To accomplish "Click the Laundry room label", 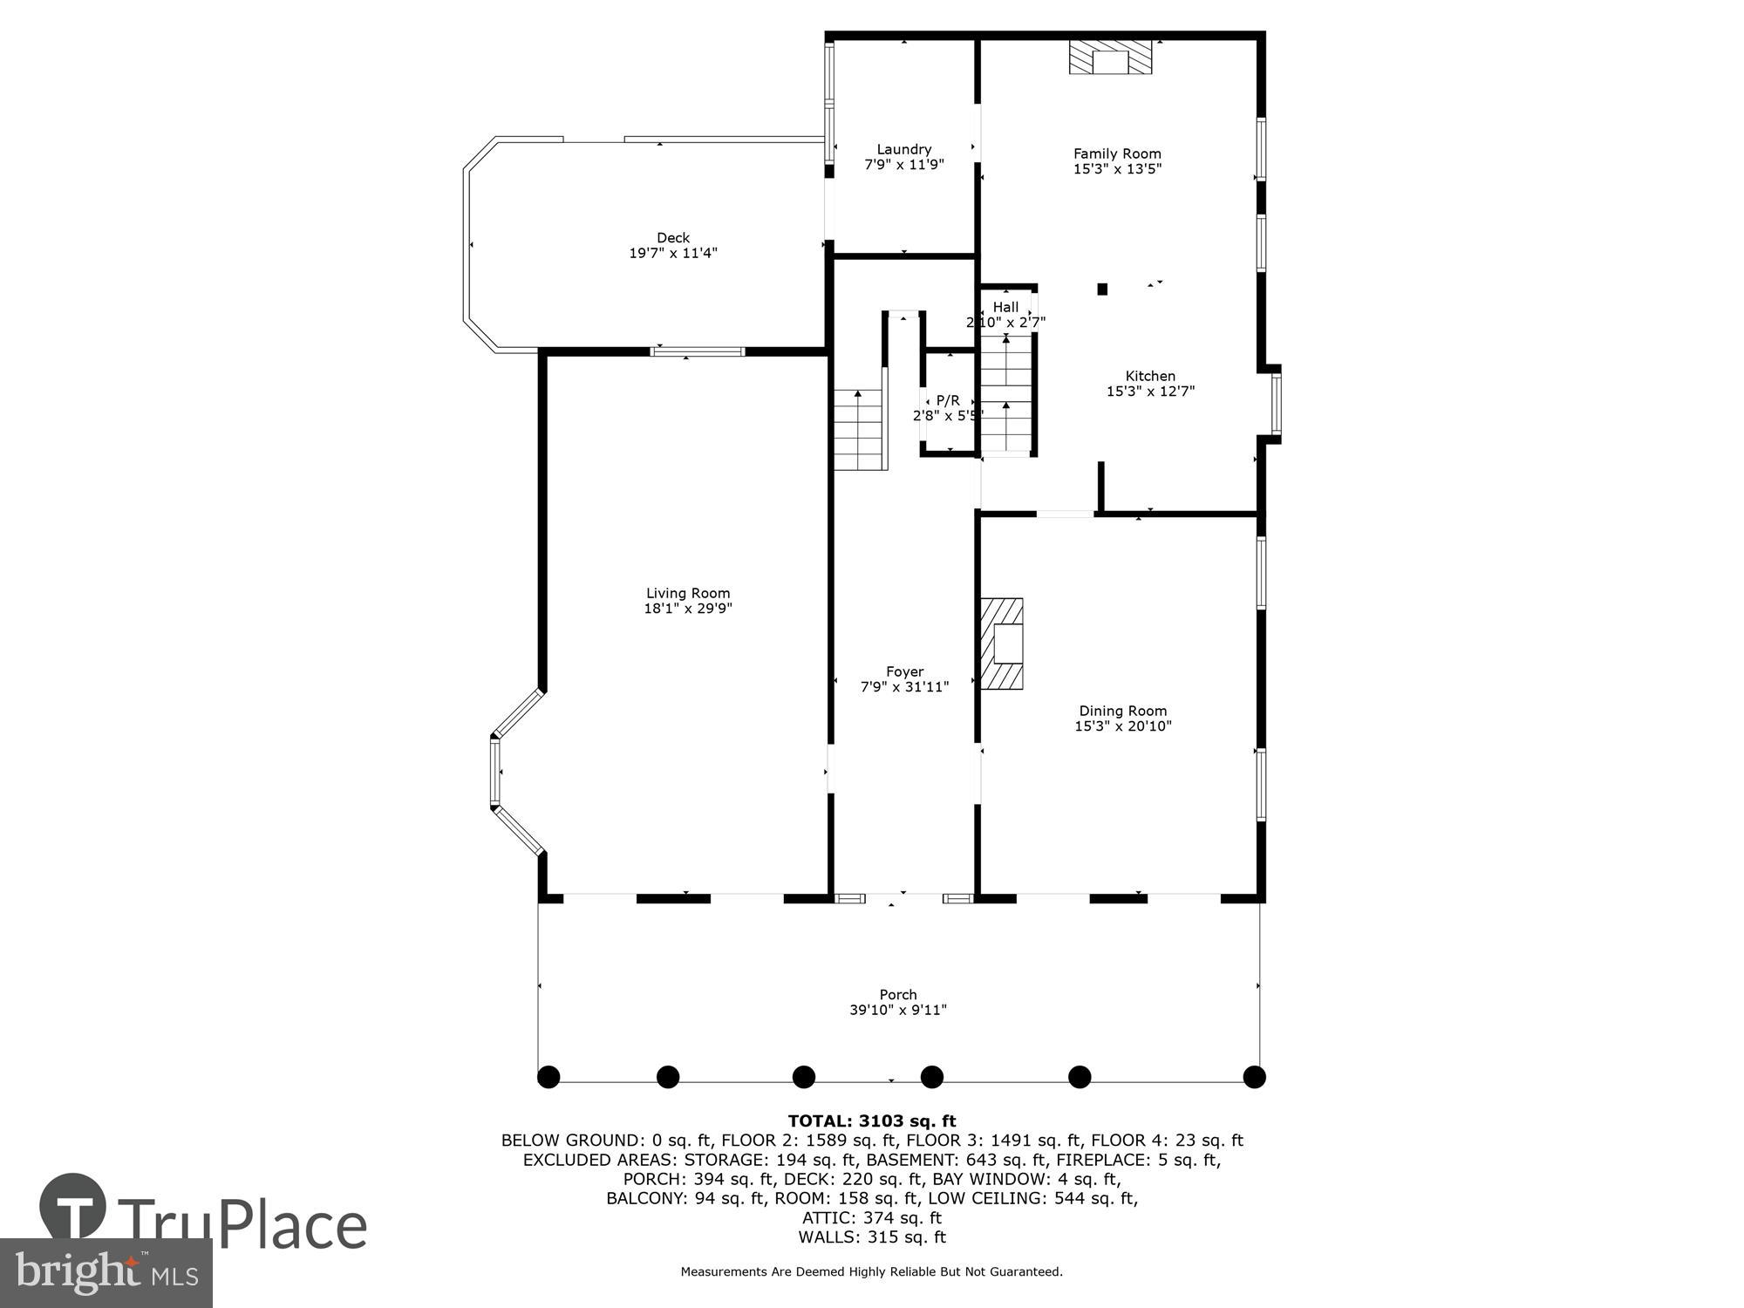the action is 904,149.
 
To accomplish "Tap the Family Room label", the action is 1117,153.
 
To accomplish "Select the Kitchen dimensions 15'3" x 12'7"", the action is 1150,392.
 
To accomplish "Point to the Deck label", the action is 673,237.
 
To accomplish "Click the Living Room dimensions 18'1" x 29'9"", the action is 688,609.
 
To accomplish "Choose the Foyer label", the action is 904,671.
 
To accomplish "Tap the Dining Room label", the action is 1123,711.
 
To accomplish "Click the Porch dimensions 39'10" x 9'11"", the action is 898,1010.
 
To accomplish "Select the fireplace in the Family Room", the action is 1110,57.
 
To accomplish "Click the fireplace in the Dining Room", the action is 1002,644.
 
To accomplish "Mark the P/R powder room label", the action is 948,400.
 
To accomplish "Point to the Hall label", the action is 1005,307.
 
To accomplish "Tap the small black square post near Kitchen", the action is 1102,289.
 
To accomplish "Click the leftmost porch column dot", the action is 548,1077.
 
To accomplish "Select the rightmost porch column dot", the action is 1254,1077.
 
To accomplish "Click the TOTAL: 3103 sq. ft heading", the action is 872,1121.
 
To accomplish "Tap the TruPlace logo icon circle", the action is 73,1207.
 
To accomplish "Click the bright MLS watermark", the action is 106,1273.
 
